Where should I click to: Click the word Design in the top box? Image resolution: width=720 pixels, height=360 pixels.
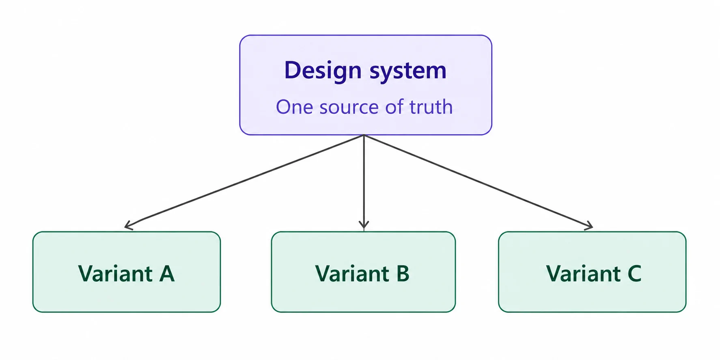point(323,71)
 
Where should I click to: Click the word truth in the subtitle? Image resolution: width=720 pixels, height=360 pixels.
point(431,107)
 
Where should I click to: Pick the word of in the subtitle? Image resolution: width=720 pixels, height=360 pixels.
point(394,107)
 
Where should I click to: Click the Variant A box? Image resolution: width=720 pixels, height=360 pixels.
point(127,272)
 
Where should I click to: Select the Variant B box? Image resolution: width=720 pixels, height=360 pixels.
point(363,272)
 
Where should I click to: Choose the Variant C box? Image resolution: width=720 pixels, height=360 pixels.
point(592,272)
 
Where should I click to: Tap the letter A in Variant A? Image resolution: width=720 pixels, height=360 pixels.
point(167,274)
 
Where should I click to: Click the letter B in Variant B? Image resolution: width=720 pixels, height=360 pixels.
point(403,274)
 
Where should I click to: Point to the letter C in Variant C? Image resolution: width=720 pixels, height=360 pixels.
point(634,274)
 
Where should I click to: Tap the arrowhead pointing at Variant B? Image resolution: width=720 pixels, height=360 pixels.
point(364,224)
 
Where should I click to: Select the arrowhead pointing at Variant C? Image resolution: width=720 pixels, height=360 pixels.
point(589,226)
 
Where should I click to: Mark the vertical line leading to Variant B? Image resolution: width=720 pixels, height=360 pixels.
point(364,182)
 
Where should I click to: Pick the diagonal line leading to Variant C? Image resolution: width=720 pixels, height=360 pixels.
point(479,181)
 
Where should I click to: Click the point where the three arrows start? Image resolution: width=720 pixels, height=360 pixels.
point(364,135)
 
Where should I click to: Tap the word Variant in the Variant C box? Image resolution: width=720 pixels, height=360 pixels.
point(583,274)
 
